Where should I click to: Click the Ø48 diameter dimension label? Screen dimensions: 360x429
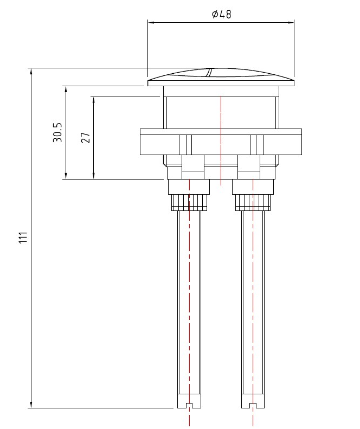point(222,14)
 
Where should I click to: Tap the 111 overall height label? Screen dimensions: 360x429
point(23,237)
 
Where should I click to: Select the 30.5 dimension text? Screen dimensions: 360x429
point(57,132)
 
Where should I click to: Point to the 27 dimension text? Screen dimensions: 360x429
point(86,137)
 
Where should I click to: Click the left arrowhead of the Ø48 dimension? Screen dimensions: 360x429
point(151,22)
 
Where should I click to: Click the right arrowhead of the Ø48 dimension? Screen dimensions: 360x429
point(291,22)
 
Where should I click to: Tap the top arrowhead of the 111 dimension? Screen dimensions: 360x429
point(31,72)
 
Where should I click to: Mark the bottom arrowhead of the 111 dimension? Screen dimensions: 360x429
point(31,405)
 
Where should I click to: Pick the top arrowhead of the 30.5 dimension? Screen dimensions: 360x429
point(66,89)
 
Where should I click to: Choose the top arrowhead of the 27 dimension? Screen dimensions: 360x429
point(94,100)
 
